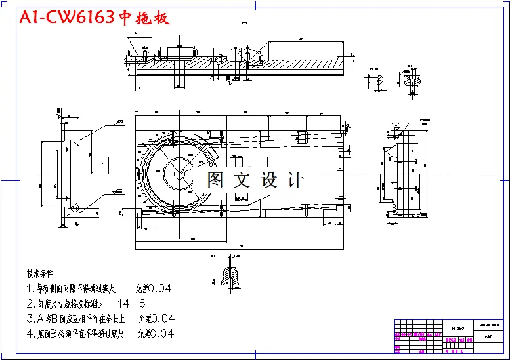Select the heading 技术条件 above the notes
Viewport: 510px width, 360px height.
point(40,273)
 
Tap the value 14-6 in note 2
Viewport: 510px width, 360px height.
point(131,304)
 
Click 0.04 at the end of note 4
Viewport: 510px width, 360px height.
point(159,334)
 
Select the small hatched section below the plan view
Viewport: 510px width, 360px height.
point(230,273)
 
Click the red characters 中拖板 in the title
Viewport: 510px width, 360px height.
point(144,18)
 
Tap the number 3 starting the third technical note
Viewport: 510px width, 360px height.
point(30,319)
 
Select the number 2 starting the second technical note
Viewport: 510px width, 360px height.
point(30,304)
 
